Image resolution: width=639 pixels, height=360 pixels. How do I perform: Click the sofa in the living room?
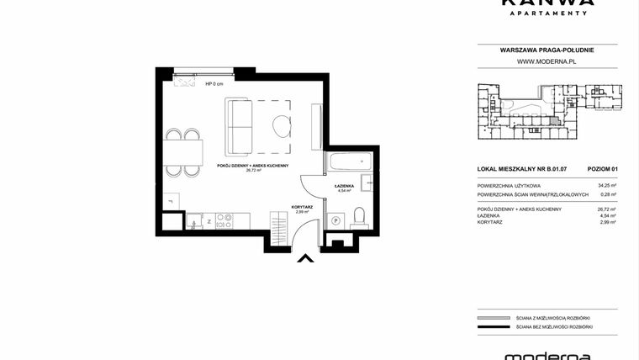click(x=239, y=125)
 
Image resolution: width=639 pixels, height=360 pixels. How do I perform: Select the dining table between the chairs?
click(x=183, y=151)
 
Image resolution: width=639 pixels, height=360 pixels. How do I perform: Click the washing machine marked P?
click(x=336, y=220)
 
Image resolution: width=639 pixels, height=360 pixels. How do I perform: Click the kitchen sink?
click(x=193, y=223)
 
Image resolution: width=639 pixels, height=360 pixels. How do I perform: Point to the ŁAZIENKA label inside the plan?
click(x=344, y=185)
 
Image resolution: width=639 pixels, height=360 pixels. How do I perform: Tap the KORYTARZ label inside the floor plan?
click(x=303, y=207)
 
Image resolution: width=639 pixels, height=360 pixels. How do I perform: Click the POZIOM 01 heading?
click(x=603, y=169)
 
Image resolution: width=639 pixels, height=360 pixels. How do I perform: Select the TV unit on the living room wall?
click(x=316, y=126)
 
